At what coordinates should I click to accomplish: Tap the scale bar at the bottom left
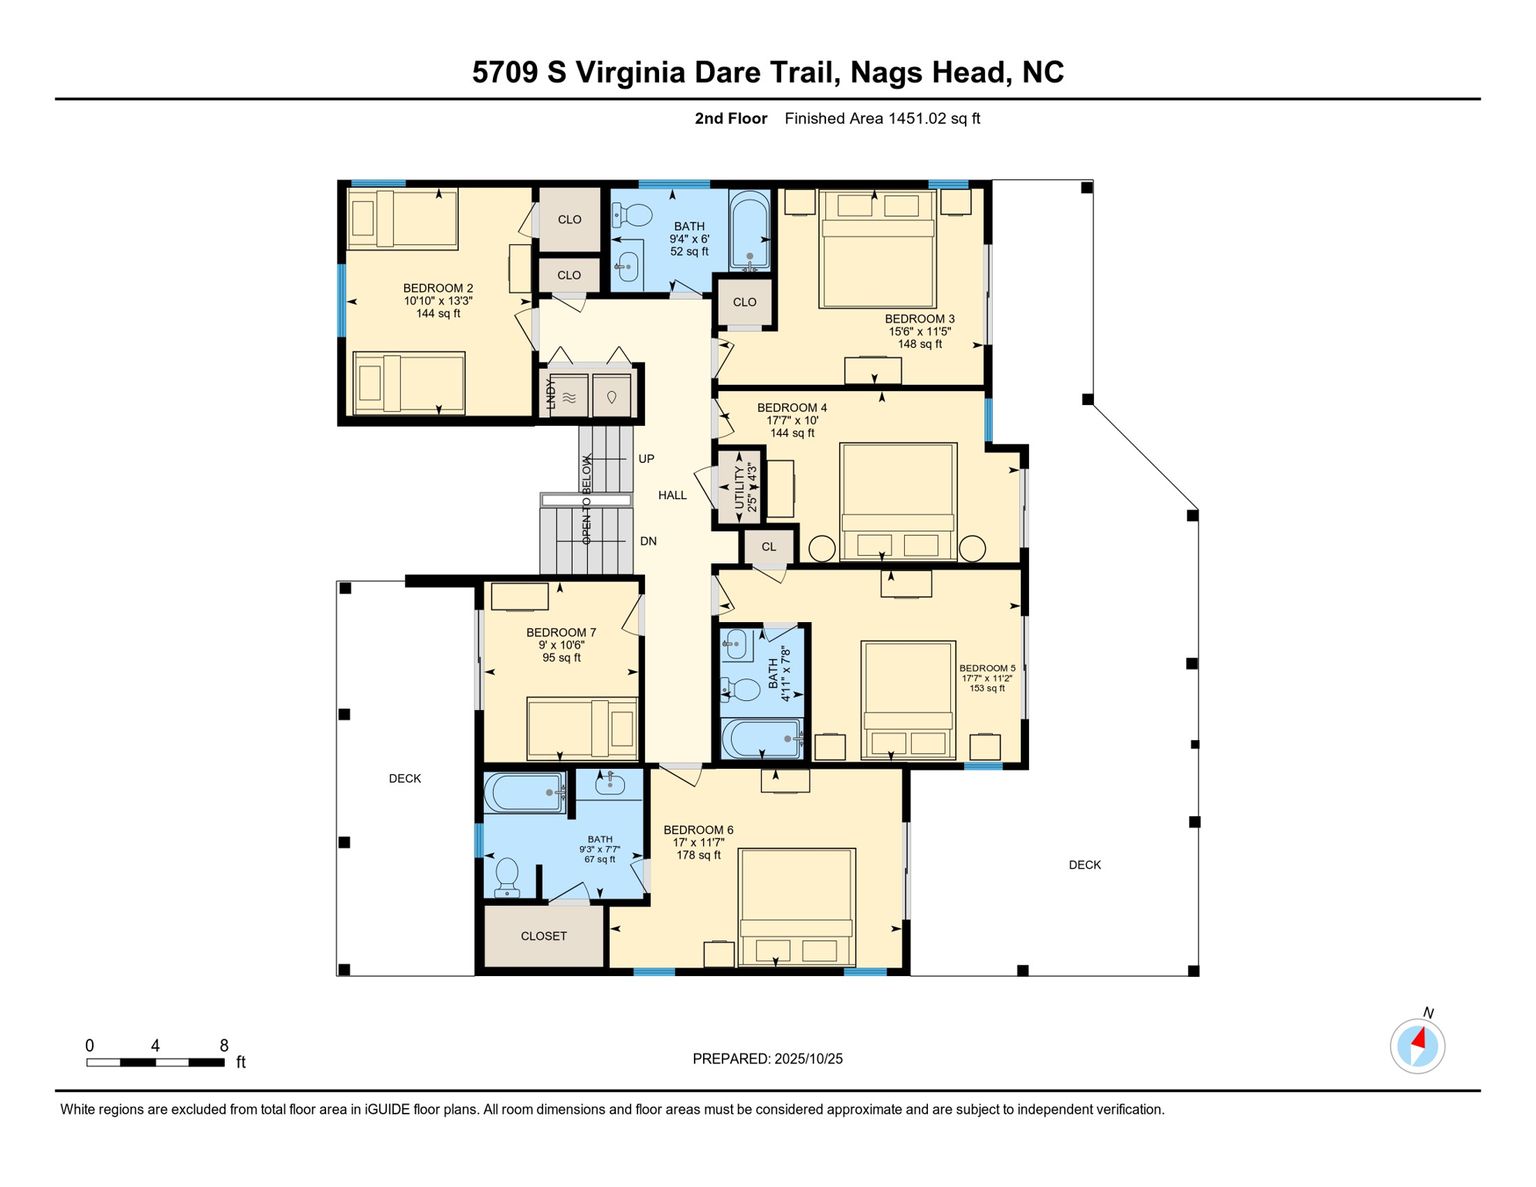pos(155,1063)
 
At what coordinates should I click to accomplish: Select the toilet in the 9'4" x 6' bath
pos(632,214)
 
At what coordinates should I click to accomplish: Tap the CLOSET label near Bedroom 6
pos(544,936)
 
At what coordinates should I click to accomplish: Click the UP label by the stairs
pos(647,459)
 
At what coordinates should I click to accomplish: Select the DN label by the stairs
pos(648,541)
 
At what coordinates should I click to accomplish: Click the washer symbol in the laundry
pos(569,396)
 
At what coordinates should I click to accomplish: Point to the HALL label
pos(672,495)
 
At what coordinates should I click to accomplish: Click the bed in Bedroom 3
pos(877,249)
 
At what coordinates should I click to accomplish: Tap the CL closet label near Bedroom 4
pos(769,547)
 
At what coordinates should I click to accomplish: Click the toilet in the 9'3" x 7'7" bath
pos(507,878)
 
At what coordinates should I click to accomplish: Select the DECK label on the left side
pos(405,778)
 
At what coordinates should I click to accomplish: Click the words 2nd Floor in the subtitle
pos(731,118)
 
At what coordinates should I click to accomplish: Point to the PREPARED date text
pos(767,1059)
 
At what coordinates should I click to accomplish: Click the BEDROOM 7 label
pos(561,632)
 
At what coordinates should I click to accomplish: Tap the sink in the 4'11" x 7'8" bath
pos(736,645)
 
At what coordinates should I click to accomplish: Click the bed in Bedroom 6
pos(797,907)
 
